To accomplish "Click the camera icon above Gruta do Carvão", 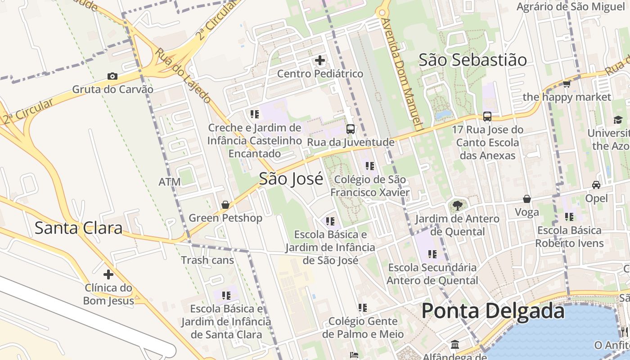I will (x=112, y=76).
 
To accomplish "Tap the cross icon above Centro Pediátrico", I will (x=320, y=60).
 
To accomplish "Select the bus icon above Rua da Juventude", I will (x=351, y=129).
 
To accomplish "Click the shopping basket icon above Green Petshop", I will (x=225, y=205).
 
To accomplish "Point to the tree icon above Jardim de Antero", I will (x=457, y=206).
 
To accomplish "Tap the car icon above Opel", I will (x=596, y=184).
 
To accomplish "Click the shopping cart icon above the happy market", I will (x=567, y=84).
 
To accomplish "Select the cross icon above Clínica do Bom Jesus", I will (x=108, y=274).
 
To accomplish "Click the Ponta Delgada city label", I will (x=493, y=311).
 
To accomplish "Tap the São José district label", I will (x=291, y=179).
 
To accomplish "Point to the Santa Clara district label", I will (x=78, y=228).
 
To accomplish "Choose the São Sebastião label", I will (x=472, y=60).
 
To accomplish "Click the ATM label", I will (x=170, y=182).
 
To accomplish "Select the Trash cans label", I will (x=207, y=260).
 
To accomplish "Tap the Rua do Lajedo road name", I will (x=183, y=75).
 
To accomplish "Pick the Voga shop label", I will (x=526, y=211).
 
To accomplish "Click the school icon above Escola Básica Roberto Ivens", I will (x=569, y=217).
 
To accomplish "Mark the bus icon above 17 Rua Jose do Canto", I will (x=487, y=117).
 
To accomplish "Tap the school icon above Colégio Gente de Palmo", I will (x=363, y=308).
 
